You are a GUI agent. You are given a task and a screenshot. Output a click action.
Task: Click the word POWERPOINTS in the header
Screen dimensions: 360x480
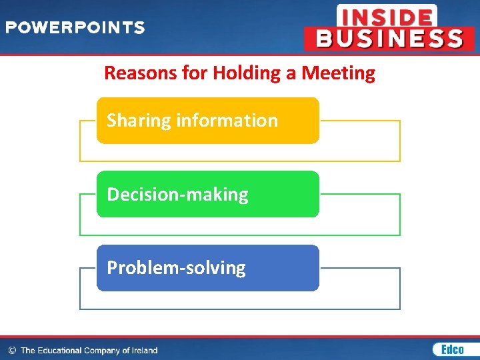(75, 28)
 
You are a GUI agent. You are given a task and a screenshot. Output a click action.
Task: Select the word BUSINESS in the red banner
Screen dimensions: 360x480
(389, 39)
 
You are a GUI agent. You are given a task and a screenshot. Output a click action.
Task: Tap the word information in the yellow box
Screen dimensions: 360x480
(227, 121)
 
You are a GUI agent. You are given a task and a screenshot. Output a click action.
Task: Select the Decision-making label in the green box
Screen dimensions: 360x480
(177, 195)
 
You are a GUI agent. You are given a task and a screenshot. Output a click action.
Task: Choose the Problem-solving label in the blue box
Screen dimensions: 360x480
(176, 268)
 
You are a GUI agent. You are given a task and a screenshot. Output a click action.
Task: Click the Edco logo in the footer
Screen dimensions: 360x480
(449, 349)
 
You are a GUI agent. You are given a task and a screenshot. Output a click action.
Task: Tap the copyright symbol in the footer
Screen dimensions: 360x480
(11, 350)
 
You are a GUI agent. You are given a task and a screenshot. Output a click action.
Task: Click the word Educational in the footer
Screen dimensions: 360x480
(60, 350)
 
